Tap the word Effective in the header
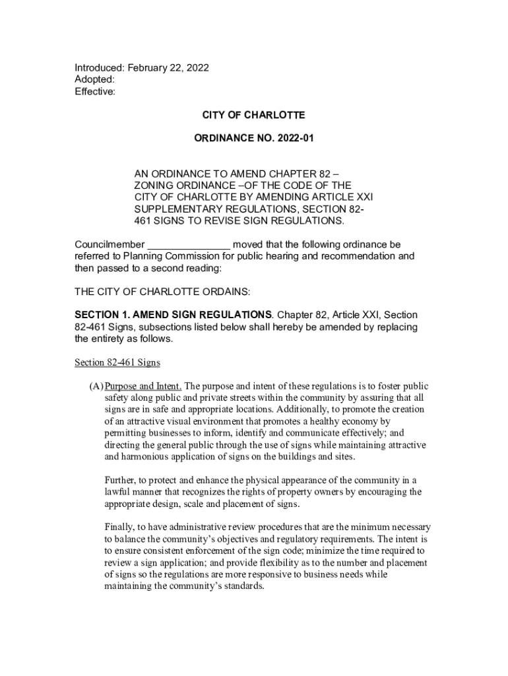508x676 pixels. (x=94, y=92)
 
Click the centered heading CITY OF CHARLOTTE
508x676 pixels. (x=253, y=116)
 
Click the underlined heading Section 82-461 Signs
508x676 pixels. (x=117, y=362)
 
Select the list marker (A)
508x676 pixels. (x=96, y=386)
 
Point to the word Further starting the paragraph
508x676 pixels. (x=122, y=480)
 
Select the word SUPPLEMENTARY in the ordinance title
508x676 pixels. (x=176, y=209)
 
